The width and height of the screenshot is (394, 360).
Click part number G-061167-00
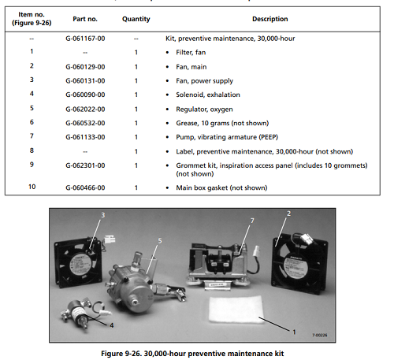tap(85, 39)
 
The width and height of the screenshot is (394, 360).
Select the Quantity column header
tap(136, 19)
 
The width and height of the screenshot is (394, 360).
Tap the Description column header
tap(270, 19)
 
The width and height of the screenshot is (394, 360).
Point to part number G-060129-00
tap(85, 67)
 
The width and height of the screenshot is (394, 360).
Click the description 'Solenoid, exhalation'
tap(208, 95)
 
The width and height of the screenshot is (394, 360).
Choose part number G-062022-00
tap(85, 109)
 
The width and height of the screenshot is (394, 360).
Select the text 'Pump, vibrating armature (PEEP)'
tap(227, 137)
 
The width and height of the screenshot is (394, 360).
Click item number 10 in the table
tap(32, 187)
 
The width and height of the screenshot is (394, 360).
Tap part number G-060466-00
tap(85, 187)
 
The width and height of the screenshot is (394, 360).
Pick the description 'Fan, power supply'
tap(205, 81)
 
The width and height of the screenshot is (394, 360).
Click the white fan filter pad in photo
tap(236, 310)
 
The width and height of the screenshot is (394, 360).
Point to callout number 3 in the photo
tap(103, 215)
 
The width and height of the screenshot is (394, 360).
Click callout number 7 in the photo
tap(252, 221)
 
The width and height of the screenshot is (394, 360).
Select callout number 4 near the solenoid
tap(112, 325)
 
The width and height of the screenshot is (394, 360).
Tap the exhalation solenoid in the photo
tap(77, 313)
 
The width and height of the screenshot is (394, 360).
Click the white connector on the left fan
tap(110, 239)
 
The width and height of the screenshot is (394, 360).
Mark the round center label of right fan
tap(296, 265)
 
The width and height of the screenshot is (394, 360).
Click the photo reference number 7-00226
tap(320, 335)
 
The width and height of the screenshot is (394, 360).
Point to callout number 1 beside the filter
tap(294, 332)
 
